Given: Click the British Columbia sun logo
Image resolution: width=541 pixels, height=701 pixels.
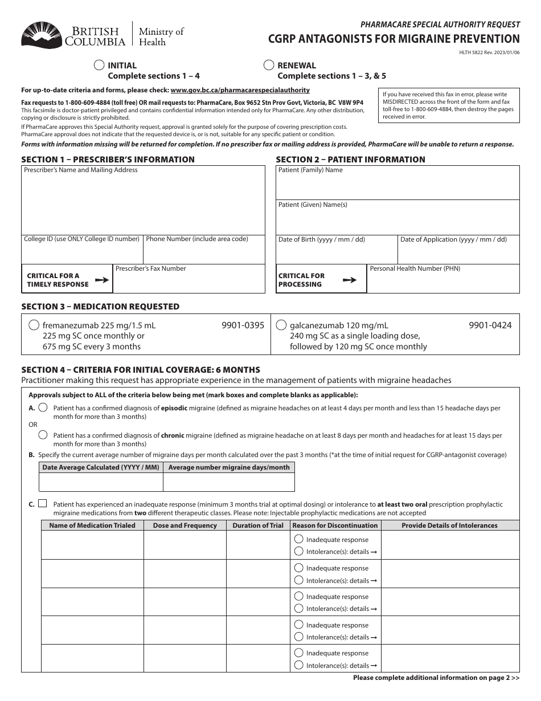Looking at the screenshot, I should [x=42, y=35].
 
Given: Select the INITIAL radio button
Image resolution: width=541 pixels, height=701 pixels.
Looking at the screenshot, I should [x=99, y=66].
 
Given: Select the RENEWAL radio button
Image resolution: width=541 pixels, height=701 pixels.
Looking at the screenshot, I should [x=269, y=66].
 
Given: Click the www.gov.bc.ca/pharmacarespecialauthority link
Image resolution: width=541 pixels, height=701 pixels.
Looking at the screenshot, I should [x=240, y=90].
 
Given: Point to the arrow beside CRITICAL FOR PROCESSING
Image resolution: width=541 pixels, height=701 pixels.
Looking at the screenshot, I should [x=349, y=280].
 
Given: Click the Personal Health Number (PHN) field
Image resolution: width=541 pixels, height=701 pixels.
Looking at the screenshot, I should [x=443, y=282].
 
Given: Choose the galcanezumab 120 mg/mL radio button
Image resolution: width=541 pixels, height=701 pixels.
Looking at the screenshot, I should [x=281, y=325].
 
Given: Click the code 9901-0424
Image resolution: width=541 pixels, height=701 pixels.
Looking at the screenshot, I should [x=490, y=325].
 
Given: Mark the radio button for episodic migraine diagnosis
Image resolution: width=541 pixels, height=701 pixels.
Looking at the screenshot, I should [x=43, y=408].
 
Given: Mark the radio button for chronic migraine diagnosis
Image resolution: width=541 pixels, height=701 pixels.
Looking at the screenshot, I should [x=43, y=435].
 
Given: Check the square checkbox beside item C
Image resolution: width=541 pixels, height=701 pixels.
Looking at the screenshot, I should [x=43, y=504].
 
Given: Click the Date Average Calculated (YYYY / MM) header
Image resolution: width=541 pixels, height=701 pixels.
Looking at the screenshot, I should [x=101, y=467].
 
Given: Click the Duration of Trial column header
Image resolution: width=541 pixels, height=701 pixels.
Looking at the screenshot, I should [x=258, y=525].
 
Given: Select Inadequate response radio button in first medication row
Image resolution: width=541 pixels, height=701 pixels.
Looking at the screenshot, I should [x=299, y=539].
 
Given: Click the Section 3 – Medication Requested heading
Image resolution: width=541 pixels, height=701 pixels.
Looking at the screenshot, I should [x=100, y=307].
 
